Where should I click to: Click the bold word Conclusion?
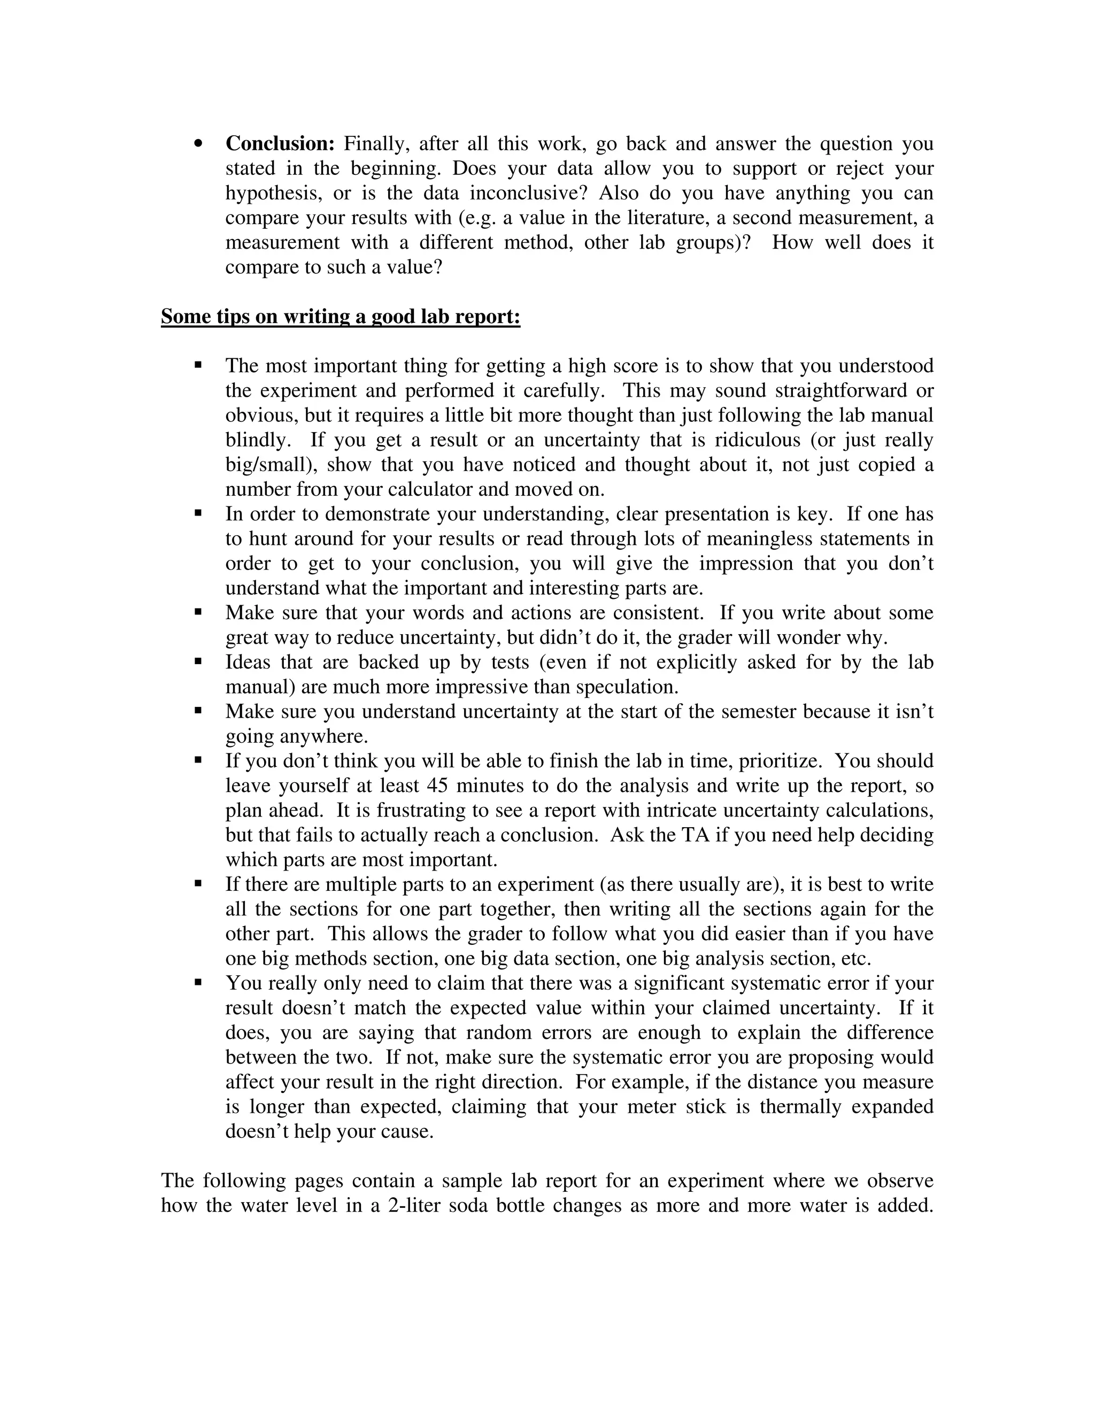point(280,143)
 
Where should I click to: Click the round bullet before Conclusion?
point(198,143)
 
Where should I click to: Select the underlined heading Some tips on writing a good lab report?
point(341,317)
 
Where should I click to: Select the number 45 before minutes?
point(438,785)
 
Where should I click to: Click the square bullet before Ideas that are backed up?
point(198,663)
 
